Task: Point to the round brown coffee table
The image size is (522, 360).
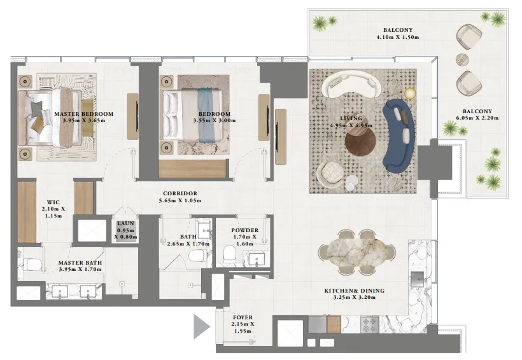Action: (361, 141)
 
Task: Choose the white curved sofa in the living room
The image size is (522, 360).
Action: (351, 85)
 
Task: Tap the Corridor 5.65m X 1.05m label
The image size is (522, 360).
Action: (180, 197)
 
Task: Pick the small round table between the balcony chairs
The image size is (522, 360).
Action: (463, 60)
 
